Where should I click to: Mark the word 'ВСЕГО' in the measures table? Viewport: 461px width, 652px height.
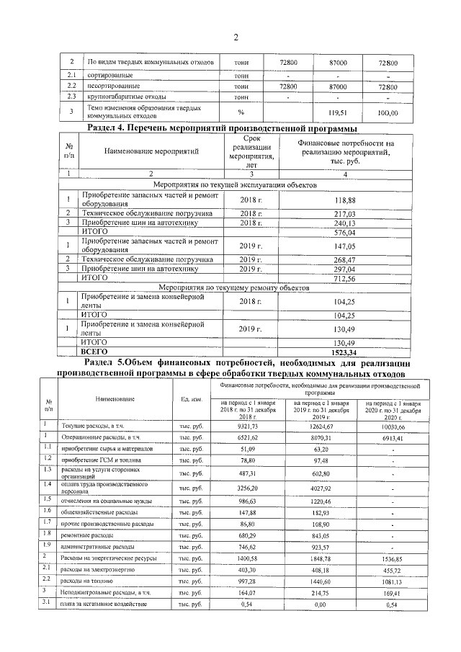click(98, 351)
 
